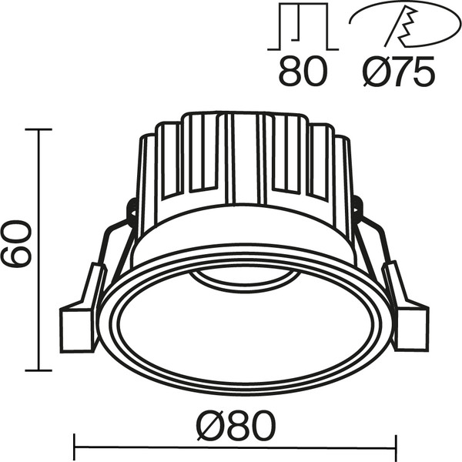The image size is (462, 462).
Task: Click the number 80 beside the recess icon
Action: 303,73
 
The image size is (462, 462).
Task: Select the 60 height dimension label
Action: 16,243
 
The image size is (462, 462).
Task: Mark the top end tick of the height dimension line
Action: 38,130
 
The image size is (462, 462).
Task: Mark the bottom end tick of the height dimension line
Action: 38,370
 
